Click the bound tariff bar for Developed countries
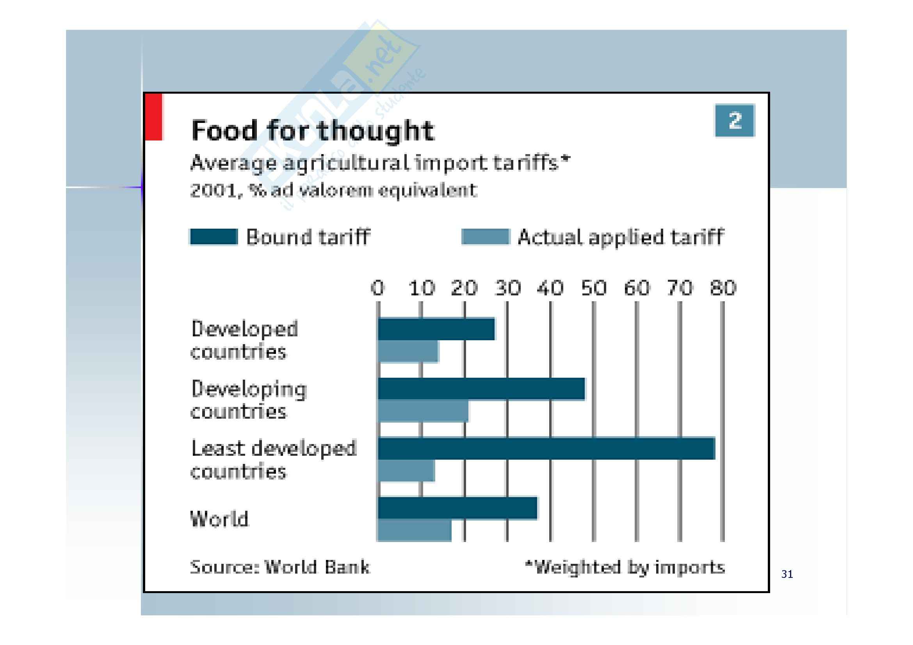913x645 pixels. (x=436, y=329)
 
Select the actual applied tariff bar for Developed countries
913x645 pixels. (x=408, y=351)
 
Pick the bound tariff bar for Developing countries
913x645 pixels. (x=481, y=389)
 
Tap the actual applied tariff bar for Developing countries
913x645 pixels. (x=423, y=411)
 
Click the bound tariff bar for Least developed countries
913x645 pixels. (x=546, y=448)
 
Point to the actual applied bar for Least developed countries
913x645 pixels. (x=406, y=471)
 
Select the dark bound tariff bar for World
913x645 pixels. (x=457, y=508)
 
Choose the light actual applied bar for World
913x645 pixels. (x=415, y=531)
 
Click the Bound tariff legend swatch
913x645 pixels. (x=214, y=237)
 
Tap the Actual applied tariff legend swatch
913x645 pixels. (x=485, y=237)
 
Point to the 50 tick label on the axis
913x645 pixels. (x=594, y=288)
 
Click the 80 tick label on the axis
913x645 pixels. (x=723, y=288)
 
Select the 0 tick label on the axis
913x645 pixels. (x=378, y=288)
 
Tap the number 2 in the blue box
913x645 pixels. (x=735, y=121)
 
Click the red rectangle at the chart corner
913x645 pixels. (x=153, y=117)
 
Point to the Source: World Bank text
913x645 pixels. (x=280, y=567)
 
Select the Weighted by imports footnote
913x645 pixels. (x=625, y=567)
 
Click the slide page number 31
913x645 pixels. (x=787, y=574)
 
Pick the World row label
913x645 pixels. (x=219, y=519)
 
